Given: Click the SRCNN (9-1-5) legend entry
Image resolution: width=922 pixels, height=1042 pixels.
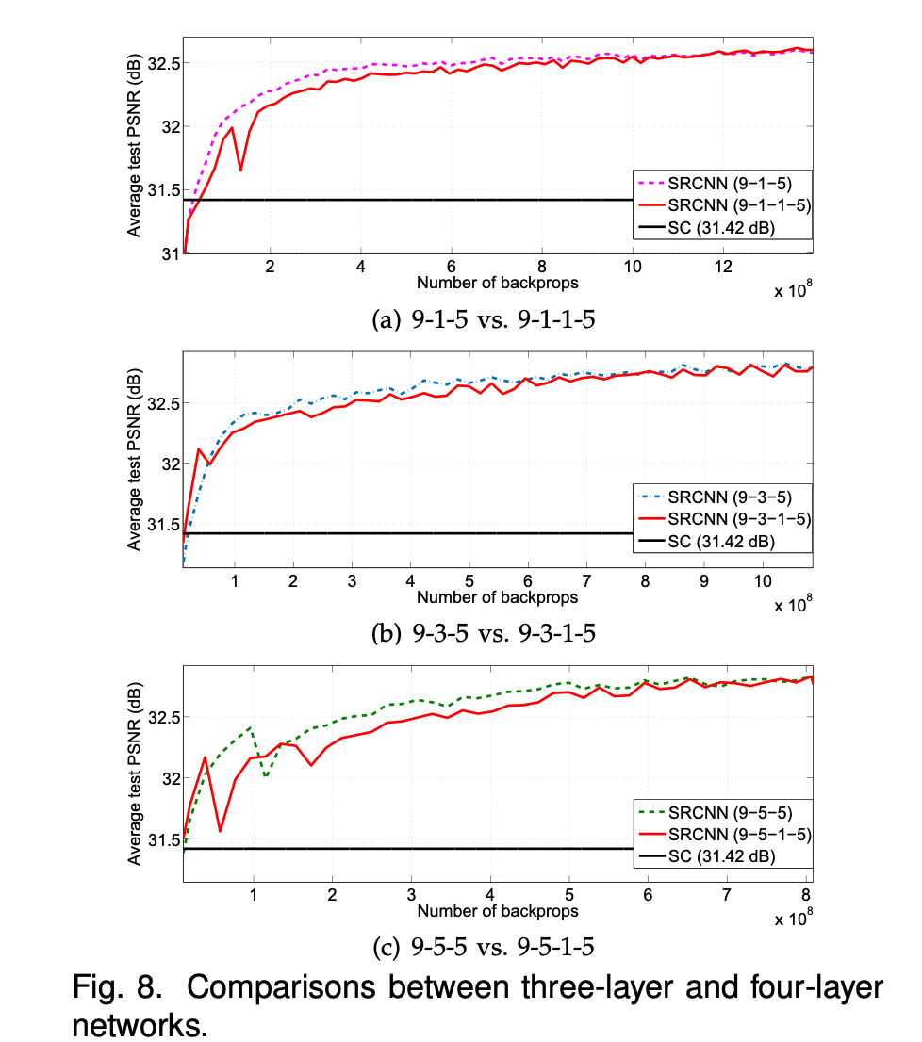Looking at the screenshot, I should [x=721, y=181].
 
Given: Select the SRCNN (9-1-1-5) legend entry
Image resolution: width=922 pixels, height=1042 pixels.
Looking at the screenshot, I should [x=721, y=204].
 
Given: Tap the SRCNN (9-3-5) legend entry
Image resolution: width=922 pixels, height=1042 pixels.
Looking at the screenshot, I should [x=721, y=496].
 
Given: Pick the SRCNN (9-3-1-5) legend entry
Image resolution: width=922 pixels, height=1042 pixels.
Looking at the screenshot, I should [x=721, y=519].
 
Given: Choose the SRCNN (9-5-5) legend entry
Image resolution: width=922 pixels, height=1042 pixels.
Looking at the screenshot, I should [x=721, y=811].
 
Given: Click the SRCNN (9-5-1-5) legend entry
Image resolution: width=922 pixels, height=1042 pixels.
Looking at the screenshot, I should [x=721, y=835].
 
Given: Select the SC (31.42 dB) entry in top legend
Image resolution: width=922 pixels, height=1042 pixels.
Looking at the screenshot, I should [x=721, y=228].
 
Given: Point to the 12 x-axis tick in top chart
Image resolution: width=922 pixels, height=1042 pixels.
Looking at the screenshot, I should [x=723, y=267].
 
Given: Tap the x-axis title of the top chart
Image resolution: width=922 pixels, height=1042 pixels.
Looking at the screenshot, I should [x=497, y=283].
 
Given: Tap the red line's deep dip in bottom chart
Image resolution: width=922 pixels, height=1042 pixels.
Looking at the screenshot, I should [x=220, y=831].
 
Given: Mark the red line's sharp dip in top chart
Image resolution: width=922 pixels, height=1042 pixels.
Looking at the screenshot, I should [x=241, y=171].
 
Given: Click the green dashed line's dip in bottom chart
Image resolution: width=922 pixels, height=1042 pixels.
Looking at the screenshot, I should [x=267, y=776].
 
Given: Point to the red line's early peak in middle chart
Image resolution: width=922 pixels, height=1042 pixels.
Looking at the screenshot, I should [x=199, y=449].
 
